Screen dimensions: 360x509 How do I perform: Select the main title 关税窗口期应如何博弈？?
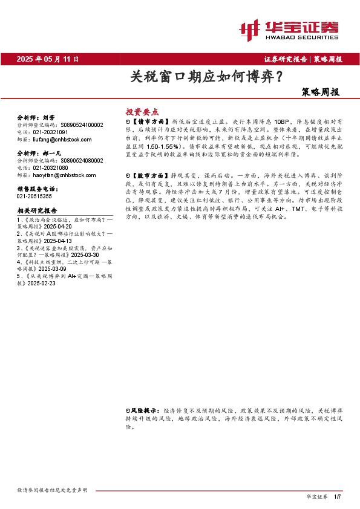[x=206, y=77]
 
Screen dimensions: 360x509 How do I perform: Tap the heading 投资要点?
[x=142, y=112]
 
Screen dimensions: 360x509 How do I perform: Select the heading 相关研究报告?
[x=37, y=210]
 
